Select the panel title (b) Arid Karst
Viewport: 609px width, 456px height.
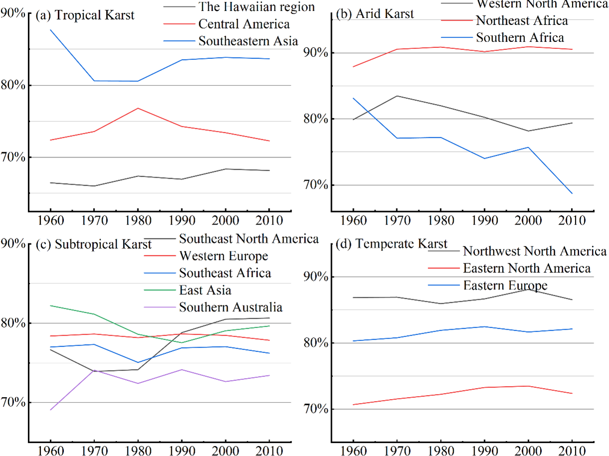[x=374, y=14]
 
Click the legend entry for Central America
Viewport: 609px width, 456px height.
[x=244, y=24]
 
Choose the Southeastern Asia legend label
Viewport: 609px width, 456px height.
[x=248, y=41]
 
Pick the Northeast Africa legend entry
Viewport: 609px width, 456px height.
[x=522, y=20]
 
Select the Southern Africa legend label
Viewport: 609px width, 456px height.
[x=520, y=37]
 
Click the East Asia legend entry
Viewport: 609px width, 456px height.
[x=205, y=290]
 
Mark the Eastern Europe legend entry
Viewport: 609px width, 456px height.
[x=505, y=285]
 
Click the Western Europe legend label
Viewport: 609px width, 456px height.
[x=224, y=256]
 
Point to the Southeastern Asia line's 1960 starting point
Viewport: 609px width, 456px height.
[x=50, y=30]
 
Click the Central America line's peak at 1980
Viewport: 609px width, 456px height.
[x=138, y=108]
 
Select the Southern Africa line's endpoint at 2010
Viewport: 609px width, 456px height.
[x=572, y=194]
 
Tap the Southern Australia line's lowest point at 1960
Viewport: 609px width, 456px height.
[x=50, y=410]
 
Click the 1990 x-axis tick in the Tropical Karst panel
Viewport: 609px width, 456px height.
[x=182, y=221]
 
